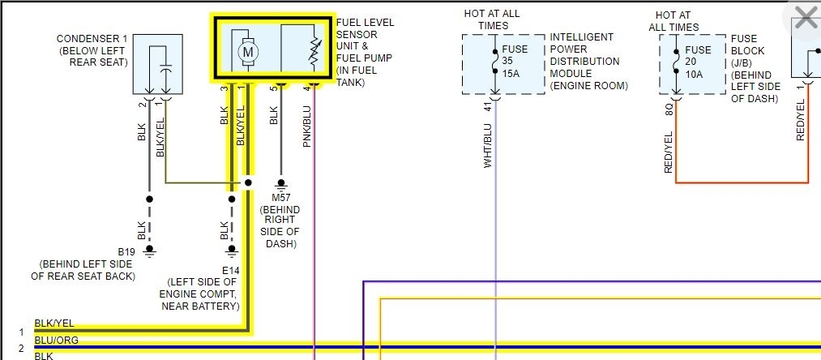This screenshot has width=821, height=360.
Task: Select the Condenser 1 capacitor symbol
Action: pos(165,71)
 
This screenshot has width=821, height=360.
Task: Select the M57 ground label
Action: pos(280,198)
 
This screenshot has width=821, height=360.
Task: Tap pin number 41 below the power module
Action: pos(488,106)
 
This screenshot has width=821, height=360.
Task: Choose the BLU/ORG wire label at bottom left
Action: pos(57,341)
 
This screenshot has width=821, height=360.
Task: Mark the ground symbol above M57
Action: pos(280,184)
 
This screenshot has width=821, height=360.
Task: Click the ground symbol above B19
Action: pos(148,251)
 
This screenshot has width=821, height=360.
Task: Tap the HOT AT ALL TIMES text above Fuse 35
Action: pos(492,19)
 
